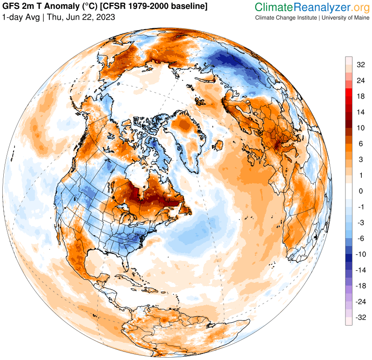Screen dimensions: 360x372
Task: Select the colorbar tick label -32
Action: pyautogui.click(x=360, y=318)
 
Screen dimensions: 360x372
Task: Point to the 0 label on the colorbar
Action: pyautogui.click(x=360, y=191)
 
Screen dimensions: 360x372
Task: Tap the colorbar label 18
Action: pyautogui.click(x=360, y=96)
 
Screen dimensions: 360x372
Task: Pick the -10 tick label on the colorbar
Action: pyautogui.click(x=360, y=254)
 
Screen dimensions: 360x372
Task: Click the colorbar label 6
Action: pyautogui.click(x=360, y=144)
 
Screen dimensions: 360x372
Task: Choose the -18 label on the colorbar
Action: pyautogui.click(x=360, y=286)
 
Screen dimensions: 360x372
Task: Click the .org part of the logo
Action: pyautogui.click(x=355, y=7)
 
